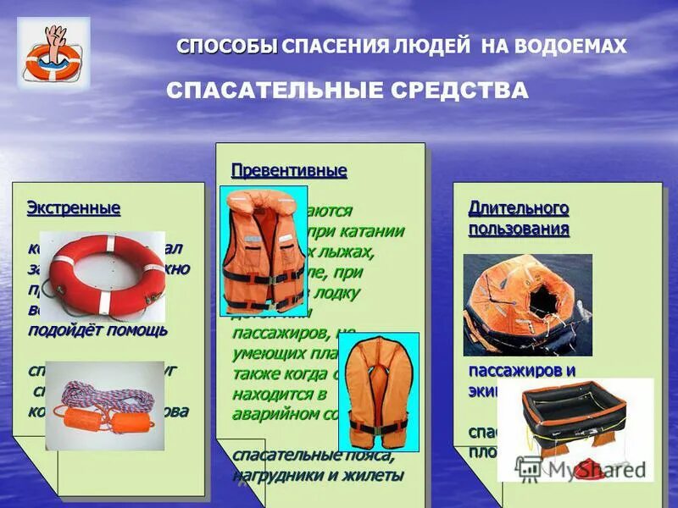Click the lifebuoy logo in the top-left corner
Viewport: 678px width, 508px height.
point(53,52)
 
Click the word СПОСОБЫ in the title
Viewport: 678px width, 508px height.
point(227,46)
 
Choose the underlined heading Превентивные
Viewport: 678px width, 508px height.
point(289,171)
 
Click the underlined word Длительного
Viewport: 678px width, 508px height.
point(519,208)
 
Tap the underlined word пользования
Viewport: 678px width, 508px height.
point(519,229)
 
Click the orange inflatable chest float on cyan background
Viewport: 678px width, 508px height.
point(378,389)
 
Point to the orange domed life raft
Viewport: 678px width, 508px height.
point(527,306)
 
